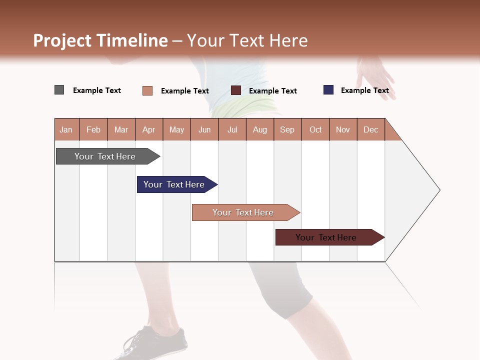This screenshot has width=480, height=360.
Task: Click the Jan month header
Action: tap(66, 129)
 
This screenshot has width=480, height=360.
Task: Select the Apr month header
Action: tap(148, 129)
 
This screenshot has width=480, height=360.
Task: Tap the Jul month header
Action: tap(232, 129)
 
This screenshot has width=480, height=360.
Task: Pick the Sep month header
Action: tap(287, 129)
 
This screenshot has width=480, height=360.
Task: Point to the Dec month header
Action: tap(370, 129)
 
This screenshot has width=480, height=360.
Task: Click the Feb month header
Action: tap(93, 129)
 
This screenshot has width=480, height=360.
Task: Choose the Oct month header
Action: tap(315, 129)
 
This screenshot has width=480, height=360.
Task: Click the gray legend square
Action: tap(59, 90)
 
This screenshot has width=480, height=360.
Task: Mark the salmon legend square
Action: tap(147, 90)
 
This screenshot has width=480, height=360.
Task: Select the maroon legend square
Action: tap(236, 90)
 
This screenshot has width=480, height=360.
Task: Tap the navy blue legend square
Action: tap(328, 90)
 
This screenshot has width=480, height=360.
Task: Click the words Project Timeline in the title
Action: tap(100, 40)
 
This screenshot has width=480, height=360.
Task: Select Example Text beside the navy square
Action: tap(364, 90)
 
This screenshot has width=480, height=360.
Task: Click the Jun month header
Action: tap(204, 129)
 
